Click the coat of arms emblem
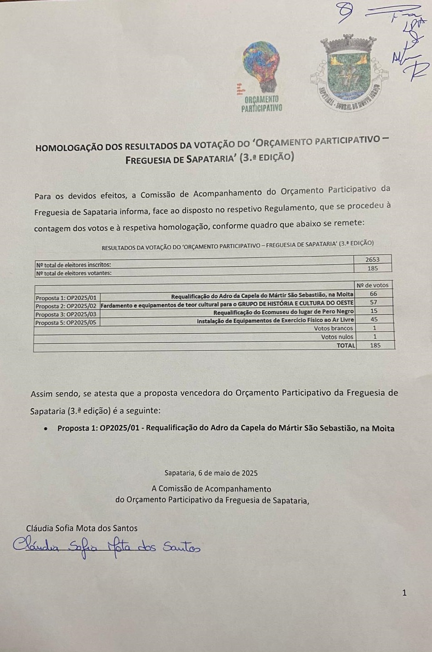coord(349,72)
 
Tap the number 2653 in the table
coord(372,260)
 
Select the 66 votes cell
coord(374,294)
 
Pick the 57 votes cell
coord(374,302)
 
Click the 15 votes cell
coord(374,311)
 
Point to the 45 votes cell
coord(374,319)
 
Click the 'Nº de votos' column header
coord(373,285)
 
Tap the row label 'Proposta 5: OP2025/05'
coord(66,323)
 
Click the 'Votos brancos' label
coord(333,328)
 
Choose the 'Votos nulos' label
coord(337,337)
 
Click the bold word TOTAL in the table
coord(346,345)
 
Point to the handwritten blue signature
coord(107,546)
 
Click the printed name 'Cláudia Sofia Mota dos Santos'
coord(82,528)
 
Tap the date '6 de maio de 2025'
coord(228,473)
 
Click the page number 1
coord(404,593)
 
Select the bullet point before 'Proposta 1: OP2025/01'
coord(45,428)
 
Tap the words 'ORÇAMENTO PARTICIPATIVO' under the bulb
coord(262,104)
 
